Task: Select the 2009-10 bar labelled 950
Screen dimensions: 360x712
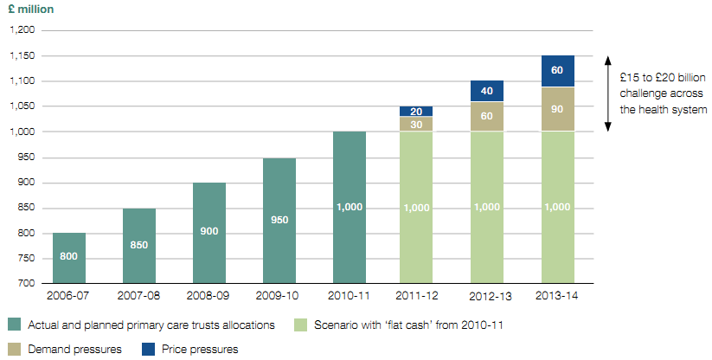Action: click(x=279, y=221)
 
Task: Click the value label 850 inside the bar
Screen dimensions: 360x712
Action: click(x=139, y=245)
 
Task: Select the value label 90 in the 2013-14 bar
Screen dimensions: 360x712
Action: click(x=558, y=109)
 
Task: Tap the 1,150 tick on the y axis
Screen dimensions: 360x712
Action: click(x=24, y=55)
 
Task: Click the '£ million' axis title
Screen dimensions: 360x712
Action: click(x=32, y=10)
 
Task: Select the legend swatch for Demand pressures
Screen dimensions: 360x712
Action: click(x=15, y=349)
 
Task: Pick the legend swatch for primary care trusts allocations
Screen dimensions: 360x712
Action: click(x=15, y=325)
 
